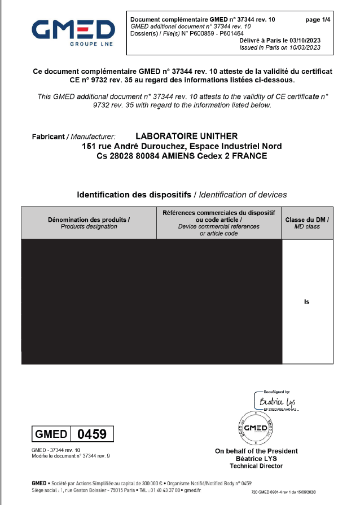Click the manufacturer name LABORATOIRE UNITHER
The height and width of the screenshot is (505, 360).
187,136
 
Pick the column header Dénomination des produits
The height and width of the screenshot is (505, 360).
89,219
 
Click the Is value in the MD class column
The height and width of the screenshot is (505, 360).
307,302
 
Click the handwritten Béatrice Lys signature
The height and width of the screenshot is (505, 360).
274,402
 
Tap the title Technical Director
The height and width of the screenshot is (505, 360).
256,466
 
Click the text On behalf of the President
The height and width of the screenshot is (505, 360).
256,451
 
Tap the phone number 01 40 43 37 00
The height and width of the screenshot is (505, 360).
165,491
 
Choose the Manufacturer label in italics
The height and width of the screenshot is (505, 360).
93,137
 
